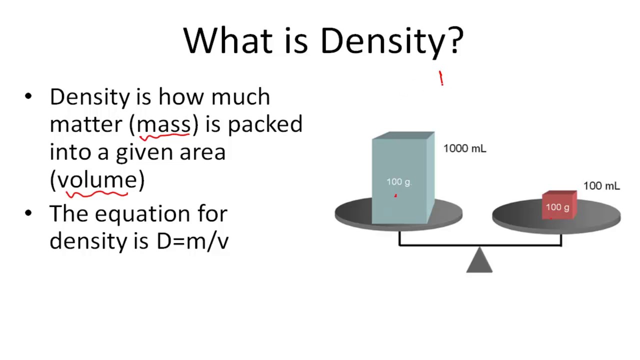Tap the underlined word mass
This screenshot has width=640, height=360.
tap(163, 125)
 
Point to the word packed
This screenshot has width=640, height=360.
tap(265, 125)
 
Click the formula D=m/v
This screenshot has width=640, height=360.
tap(192, 241)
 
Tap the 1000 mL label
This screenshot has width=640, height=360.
tap(464, 148)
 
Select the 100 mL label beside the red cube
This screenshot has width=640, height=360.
tap(601, 186)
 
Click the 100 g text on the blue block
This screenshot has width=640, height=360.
tap(398, 181)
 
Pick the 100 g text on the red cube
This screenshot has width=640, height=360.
tap(557, 207)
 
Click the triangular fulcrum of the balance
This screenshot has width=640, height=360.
tap(479, 260)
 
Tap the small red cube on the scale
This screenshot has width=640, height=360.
tap(559, 205)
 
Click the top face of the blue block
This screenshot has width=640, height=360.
tap(403, 135)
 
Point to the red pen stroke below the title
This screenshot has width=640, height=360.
tap(441, 78)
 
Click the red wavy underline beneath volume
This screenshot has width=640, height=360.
tap(96, 194)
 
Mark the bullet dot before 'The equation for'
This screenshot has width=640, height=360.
tap(28, 213)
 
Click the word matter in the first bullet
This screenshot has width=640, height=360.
tap(85, 125)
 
